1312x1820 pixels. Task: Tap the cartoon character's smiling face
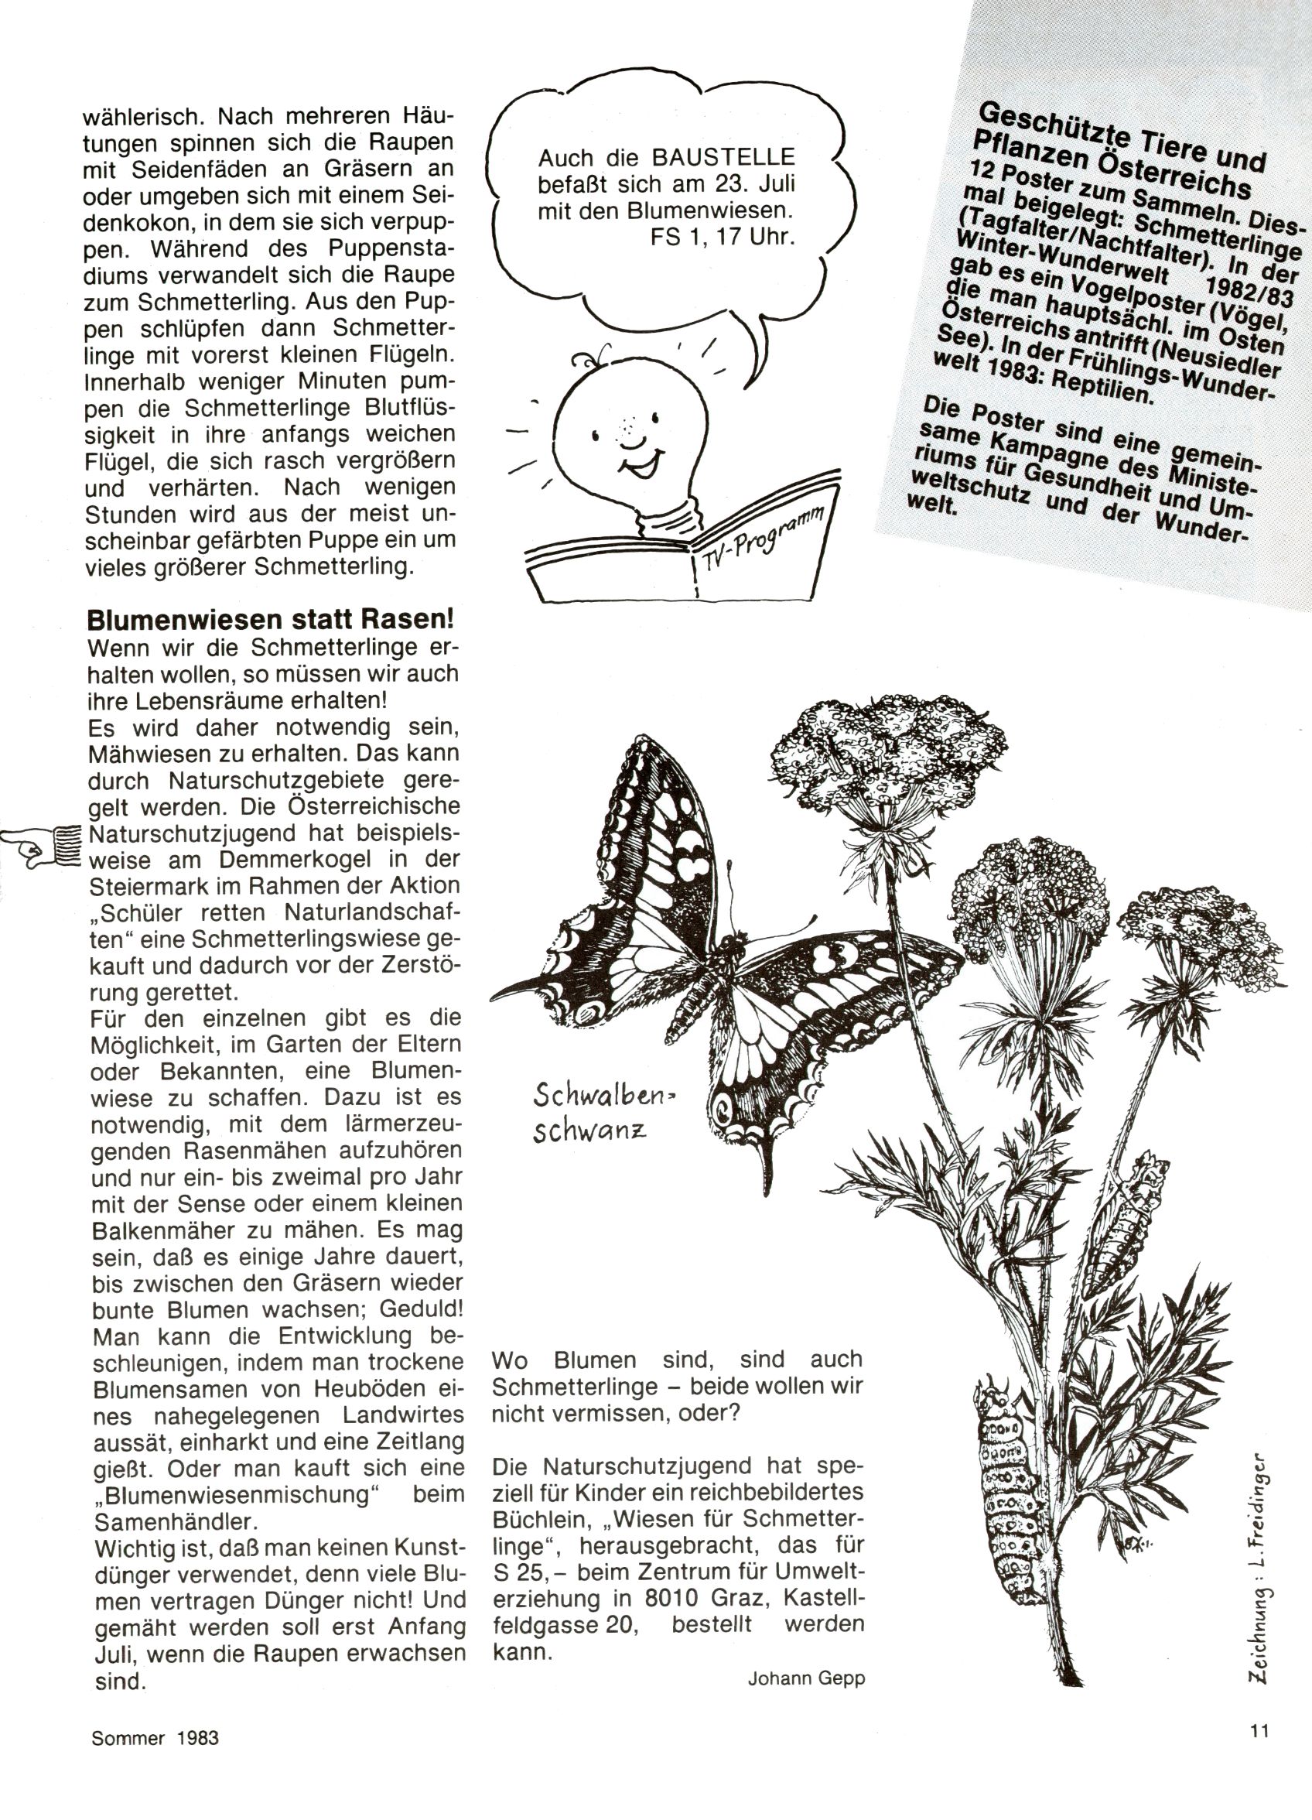click(x=632, y=433)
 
